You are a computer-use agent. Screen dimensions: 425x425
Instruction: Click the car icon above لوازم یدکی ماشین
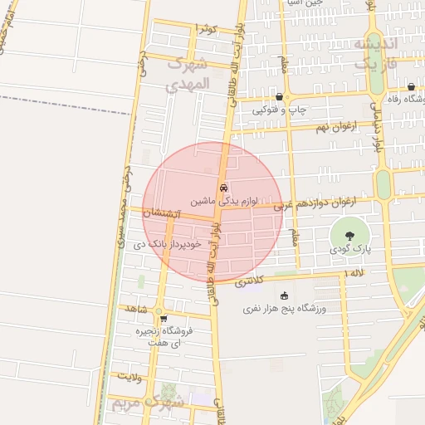tap(222, 188)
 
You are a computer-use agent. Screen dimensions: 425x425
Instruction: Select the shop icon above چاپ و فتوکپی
tap(279, 97)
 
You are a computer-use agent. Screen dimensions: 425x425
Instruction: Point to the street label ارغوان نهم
tap(335, 126)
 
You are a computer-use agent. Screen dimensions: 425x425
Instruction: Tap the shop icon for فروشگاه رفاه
tap(411, 87)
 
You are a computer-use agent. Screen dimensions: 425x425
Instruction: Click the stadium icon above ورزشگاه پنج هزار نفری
tap(286, 296)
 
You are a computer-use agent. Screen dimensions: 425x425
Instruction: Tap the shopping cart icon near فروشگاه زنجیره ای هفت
tap(164, 318)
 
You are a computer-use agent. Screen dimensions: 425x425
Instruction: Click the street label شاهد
tap(135, 309)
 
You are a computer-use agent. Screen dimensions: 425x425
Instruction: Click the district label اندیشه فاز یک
tap(376, 51)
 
